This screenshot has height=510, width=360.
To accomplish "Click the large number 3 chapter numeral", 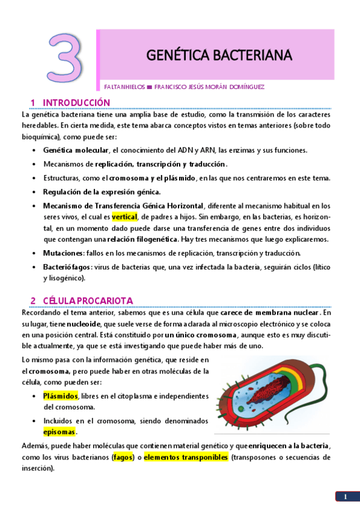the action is coord(66,58).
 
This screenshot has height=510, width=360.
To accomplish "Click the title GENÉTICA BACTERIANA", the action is coord(219,56).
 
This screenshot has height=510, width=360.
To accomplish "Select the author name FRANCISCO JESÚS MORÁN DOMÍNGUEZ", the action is coord(209,87).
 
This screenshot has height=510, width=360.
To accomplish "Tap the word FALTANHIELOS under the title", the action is coord(124,87).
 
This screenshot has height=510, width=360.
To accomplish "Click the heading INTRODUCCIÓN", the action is coord(76,102).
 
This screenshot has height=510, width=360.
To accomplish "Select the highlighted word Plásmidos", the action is coord(60,396).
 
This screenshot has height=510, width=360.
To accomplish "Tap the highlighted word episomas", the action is coord(59,432).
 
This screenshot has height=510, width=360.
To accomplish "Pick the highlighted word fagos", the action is coord(123,458).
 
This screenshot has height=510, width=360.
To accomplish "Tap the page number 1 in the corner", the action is coord(346,496).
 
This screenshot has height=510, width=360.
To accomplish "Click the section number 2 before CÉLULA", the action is coord(34,301).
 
